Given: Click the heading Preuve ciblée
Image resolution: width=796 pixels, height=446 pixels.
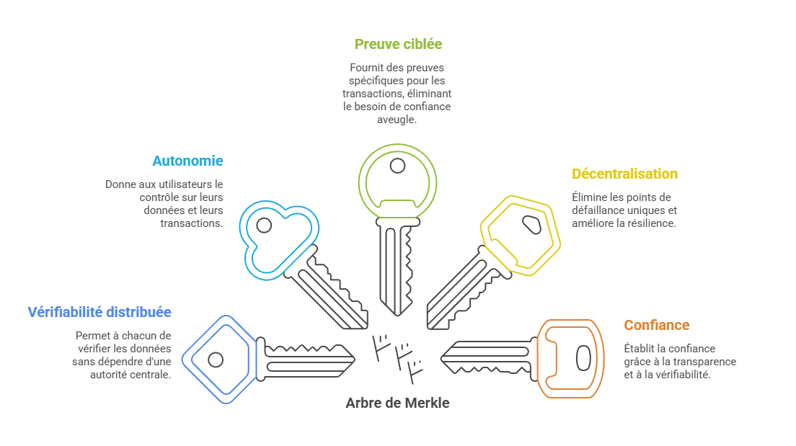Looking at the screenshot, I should coord(398,44).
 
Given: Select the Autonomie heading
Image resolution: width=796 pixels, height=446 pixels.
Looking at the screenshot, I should coord(187,161).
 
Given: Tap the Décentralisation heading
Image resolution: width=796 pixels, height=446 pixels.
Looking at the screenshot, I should coord(624,174).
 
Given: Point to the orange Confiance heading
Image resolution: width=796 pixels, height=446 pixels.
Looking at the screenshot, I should coord(657,325).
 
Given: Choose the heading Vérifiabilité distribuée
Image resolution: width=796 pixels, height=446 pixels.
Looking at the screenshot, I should coord(99,312).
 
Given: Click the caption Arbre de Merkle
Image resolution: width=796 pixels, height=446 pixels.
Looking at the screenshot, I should coord(397,403).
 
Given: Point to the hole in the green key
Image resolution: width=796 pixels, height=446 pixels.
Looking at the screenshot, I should coord(397,166).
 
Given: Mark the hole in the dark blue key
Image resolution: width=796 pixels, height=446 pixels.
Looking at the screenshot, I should coord(216,359).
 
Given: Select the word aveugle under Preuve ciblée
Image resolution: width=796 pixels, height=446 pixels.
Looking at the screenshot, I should coord(397,120).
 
